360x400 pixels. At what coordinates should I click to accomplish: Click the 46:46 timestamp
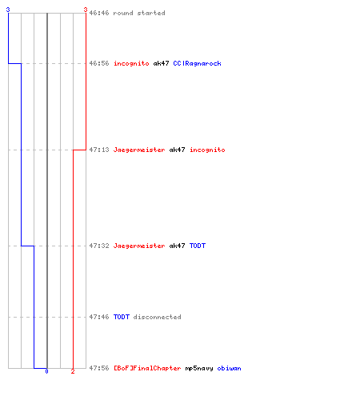click(99, 13)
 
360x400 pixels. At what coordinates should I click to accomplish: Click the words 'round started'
click(139, 13)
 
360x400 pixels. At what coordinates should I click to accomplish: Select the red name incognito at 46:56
click(131, 63)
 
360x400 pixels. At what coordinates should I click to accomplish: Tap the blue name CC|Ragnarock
click(197, 63)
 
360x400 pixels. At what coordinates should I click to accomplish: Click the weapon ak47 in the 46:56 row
click(161, 63)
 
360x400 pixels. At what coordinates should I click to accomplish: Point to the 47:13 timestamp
click(99, 150)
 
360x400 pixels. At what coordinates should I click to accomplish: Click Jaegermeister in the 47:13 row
click(139, 150)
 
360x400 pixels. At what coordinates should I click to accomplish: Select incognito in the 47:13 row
click(207, 150)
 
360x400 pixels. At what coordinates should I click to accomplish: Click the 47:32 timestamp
click(99, 246)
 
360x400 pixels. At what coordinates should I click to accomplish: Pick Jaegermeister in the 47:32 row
click(139, 246)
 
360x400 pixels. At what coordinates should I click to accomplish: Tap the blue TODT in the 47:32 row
click(198, 246)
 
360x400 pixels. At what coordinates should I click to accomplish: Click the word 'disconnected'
click(157, 317)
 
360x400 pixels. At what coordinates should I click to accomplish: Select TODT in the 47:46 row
click(122, 317)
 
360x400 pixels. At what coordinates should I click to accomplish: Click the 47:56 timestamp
click(99, 368)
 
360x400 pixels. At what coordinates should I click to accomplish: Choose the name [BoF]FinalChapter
click(147, 368)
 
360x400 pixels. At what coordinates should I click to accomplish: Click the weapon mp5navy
click(199, 368)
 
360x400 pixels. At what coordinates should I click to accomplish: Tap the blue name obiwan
click(229, 368)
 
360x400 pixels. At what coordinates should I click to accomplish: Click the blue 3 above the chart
click(8, 10)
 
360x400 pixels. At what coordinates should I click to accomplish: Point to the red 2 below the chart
click(73, 371)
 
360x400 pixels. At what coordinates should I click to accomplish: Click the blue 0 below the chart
click(46, 371)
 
